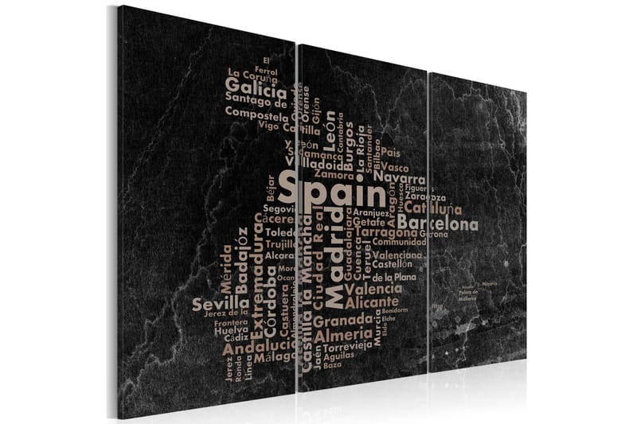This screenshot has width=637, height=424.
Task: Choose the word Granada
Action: (342, 321)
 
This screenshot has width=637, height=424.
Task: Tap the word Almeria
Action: (345, 336)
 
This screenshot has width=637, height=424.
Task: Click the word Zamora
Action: (333, 173)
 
